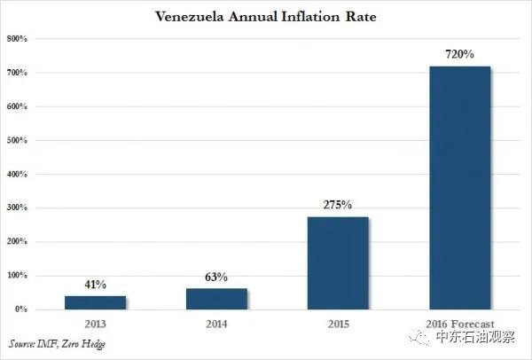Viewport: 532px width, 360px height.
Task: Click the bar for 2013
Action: click(x=96, y=302)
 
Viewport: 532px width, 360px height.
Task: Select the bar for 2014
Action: click(x=217, y=299)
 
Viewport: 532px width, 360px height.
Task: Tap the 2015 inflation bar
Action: click(x=338, y=263)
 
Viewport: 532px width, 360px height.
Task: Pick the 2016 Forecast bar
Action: click(x=459, y=188)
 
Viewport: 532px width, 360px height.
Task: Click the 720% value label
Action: click(x=459, y=54)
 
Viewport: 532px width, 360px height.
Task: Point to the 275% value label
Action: click(x=338, y=205)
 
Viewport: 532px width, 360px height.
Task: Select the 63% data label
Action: click(x=216, y=278)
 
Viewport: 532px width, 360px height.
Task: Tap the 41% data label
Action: click(x=96, y=285)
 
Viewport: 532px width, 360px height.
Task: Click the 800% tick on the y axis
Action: click(x=17, y=39)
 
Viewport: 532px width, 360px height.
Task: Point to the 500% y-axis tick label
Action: click(x=17, y=140)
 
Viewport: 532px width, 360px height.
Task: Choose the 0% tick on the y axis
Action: click(x=21, y=309)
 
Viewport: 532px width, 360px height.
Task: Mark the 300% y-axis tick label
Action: click(x=17, y=207)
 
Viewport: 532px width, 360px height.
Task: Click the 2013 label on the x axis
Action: click(x=96, y=324)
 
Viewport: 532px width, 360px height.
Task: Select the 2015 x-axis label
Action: click(x=339, y=324)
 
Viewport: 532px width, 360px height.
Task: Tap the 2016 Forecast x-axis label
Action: click(x=460, y=324)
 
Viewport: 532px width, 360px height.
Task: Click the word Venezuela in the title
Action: click(x=190, y=17)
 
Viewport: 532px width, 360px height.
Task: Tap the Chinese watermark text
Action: click(x=475, y=337)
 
